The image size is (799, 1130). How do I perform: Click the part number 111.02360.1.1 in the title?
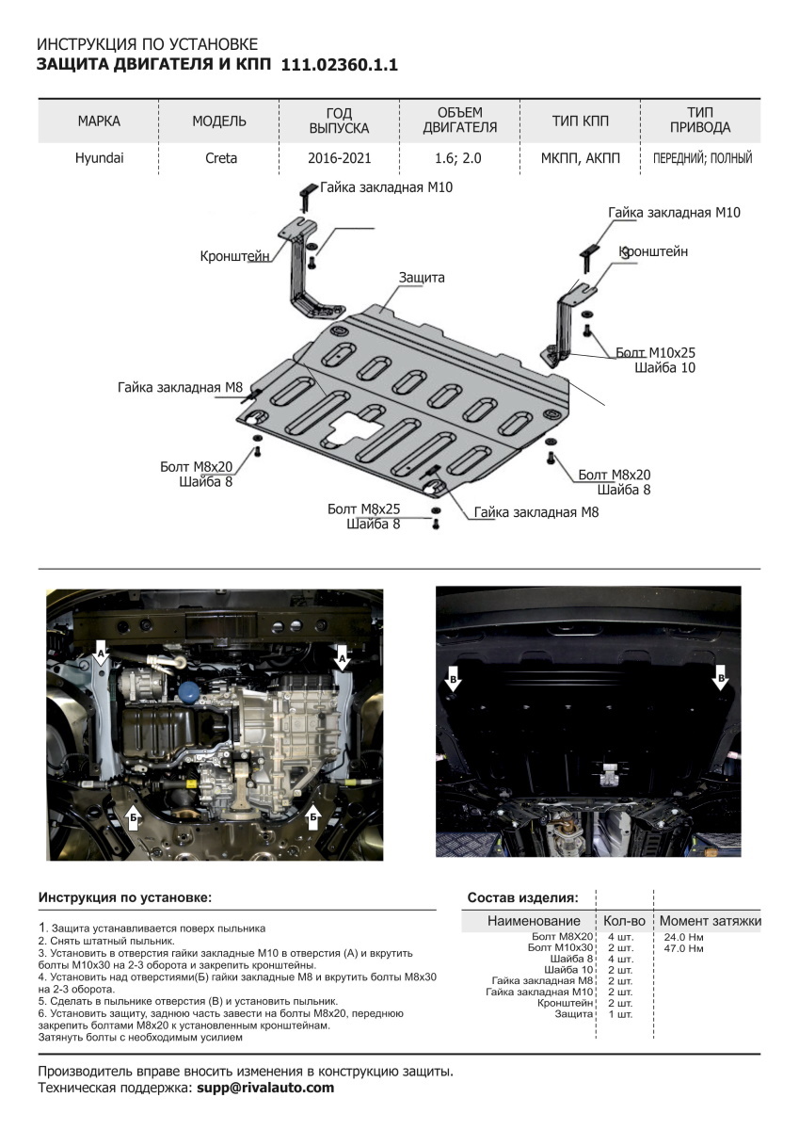pos(340,65)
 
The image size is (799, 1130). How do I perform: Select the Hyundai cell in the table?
pos(99,158)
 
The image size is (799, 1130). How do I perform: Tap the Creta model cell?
pos(221,158)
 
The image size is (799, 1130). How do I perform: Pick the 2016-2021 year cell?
pos(339,158)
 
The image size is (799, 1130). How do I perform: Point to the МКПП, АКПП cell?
pos(581,158)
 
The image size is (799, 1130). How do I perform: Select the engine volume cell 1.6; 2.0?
pos(459,158)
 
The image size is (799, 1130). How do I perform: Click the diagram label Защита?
pos(421,278)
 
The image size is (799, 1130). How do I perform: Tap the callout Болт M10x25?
pos(656,352)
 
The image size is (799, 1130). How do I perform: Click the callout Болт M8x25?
pos(363,508)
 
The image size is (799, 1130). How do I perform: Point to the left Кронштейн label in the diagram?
pos(235,256)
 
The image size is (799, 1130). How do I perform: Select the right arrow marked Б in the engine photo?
pos(313,816)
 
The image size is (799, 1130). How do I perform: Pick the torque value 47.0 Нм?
pos(684,948)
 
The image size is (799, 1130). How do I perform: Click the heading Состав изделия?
pos(522,897)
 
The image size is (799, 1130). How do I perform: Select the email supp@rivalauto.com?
pos(264,1088)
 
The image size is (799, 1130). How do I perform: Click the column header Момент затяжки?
pos(710,920)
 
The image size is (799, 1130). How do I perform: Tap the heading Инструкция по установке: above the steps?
pos(125,897)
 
